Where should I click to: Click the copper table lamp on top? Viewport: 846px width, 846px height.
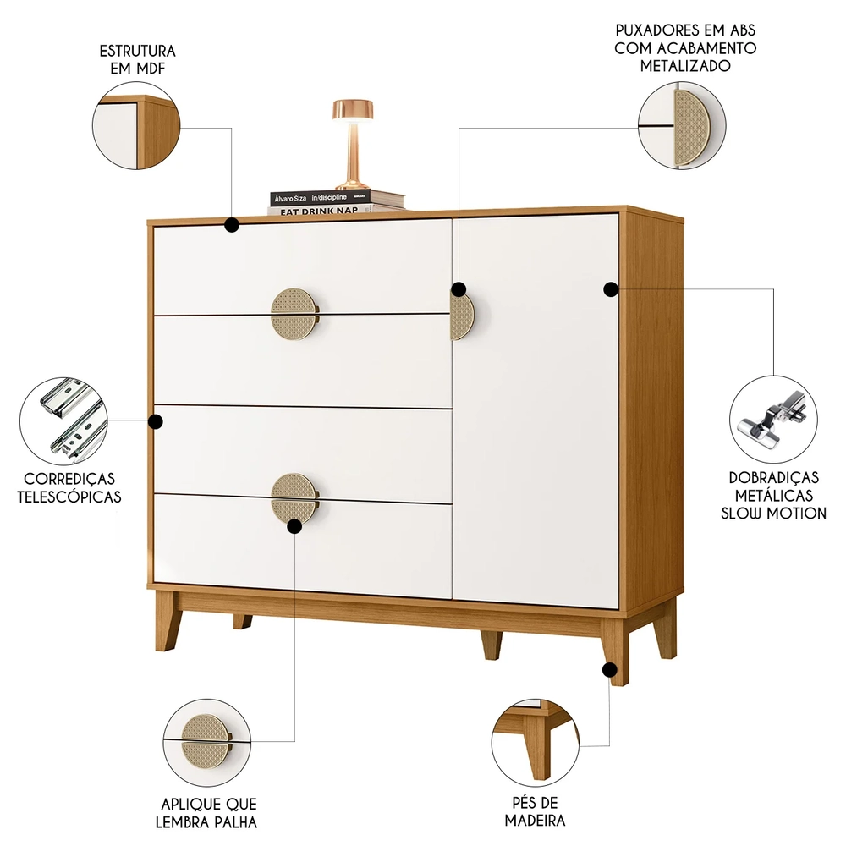(x=351, y=144)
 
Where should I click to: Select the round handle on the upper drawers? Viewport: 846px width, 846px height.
(x=294, y=313)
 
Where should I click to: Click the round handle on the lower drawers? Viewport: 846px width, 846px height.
(x=294, y=498)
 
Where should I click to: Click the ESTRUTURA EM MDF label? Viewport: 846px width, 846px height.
(x=136, y=59)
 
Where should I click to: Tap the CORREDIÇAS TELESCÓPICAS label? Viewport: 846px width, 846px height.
(x=69, y=487)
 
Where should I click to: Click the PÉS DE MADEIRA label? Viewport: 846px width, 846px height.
(x=535, y=810)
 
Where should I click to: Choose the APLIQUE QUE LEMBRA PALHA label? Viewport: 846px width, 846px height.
(x=208, y=812)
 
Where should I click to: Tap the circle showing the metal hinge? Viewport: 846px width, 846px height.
(x=773, y=419)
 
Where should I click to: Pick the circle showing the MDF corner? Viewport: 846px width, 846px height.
(x=136, y=132)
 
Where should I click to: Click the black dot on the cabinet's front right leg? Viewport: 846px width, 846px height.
(x=609, y=670)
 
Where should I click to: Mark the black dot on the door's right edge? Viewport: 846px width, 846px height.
(x=609, y=289)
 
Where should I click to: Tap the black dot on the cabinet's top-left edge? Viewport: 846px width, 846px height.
(x=231, y=224)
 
